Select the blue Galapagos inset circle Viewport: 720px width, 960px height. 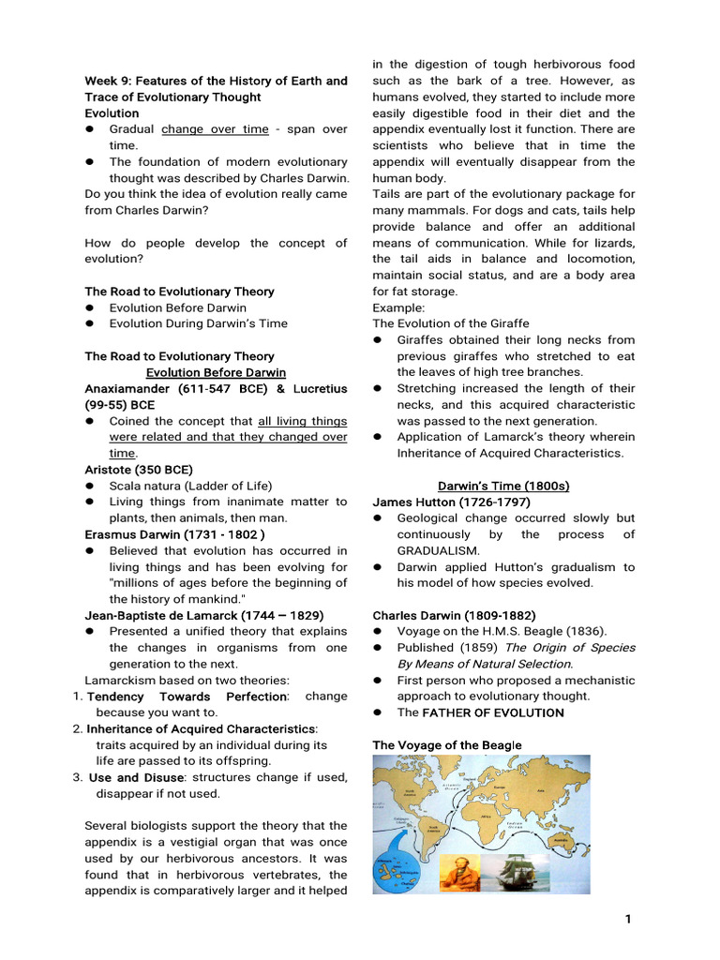click(x=396, y=871)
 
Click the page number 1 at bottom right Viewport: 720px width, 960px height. click(x=628, y=920)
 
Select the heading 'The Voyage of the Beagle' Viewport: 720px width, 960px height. click(x=446, y=744)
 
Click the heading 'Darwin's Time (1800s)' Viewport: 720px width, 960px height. click(x=503, y=486)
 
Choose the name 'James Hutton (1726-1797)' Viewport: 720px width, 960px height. click(x=451, y=502)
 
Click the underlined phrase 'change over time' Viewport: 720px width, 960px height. click(x=215, y=129)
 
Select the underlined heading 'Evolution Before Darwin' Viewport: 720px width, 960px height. click(x=216, y=372)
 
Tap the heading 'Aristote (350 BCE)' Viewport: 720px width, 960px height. click(x=139, y=469)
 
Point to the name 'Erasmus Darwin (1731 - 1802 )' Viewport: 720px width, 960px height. click(x=170, y=533)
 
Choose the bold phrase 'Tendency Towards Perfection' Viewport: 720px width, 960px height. click(x=187, y=697)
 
